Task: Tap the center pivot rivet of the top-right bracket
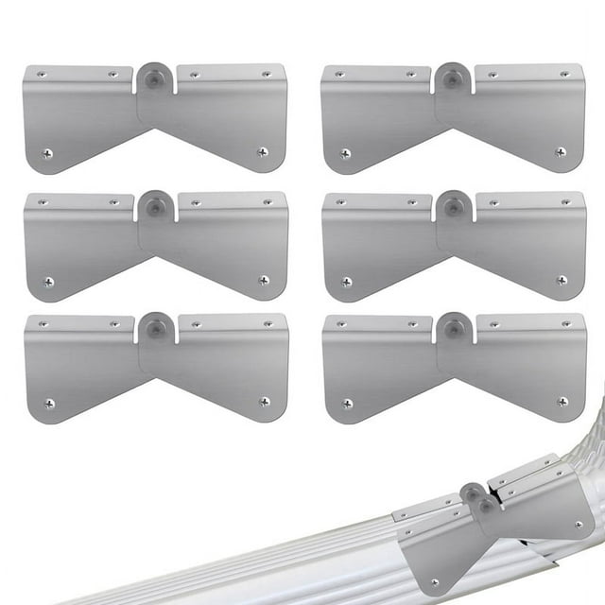pyautogui.click(x=453, y=79)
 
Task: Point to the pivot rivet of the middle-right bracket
pyautogui.click(x=453, y=206)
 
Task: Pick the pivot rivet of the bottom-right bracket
pyautogui.click(x=453, y=329)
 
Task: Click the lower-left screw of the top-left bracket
pyautogui.click(x=48, y=153)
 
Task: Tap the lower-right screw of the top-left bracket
pyautogui.click(x=263, y=151)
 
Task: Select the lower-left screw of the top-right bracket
pyautogui.click(x=346, y=153)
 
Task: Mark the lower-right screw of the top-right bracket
pyautogui.click(x=561, y=151)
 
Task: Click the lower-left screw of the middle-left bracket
pyautogui.click(x=48, y=282)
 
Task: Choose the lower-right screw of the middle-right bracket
pyautogui.click(x=562, y=280)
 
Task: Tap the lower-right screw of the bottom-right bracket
pyautogui.click(x=562, y=402)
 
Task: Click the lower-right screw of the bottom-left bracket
pyautogui.click(x=264, y=402)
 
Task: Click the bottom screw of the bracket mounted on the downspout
pyautogui.click(x=434, y=582)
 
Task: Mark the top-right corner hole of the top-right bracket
pyautogui.click(x=564, y=73)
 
